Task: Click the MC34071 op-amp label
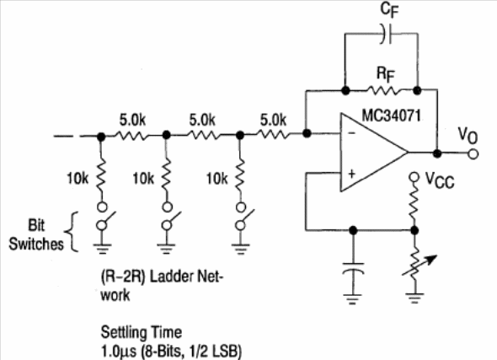tap(391, 116)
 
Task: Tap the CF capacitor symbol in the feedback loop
tap(387, 34)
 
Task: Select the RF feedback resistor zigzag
tap(382, 91)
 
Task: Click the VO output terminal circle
tap(473, 154)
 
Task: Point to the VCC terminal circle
tap(414, 177)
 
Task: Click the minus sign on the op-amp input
tap(352, 133)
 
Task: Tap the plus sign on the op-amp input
tap(352, 174)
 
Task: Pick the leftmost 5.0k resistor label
tap(132, 121)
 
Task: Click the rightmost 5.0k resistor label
tap(273, 121)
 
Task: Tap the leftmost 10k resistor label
tap(77, 179)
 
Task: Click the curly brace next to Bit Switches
tap(72, 232)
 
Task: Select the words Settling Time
tap(142, 332)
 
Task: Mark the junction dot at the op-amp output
tap(437, 153)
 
